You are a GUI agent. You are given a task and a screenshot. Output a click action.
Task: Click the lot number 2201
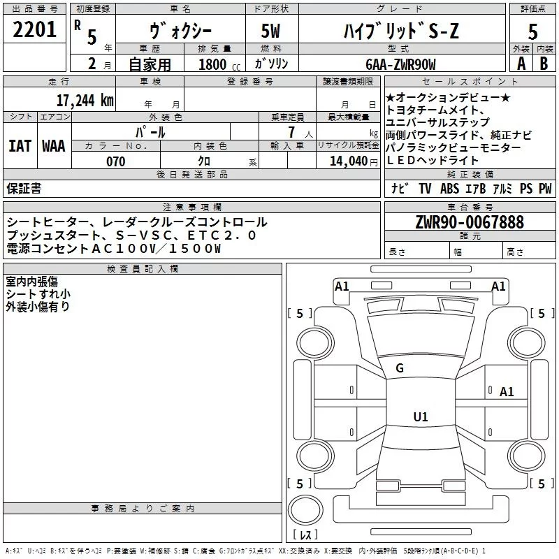(x=35, y=30)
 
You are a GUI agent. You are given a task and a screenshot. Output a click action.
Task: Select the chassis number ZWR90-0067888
(x=470, y=223)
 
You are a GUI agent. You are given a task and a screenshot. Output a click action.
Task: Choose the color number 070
(x=115, y=161)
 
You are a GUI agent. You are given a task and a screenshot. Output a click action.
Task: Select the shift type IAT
(x=20, y=146)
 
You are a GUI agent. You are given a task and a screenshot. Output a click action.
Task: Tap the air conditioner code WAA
(x=54, y=146)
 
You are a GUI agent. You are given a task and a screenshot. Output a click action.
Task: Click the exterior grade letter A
(x=521, y=64)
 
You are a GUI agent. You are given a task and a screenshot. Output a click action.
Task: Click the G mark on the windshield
(x=400, y=368)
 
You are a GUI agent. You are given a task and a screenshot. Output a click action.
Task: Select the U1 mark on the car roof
(x=420, y=416)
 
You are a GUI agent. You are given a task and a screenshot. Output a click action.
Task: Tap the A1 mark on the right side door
(x=507, y=392)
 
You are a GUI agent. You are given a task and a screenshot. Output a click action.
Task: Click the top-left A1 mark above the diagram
(x=342, y=286)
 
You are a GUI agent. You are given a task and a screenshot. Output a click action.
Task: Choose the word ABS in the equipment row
(x=449, y=189)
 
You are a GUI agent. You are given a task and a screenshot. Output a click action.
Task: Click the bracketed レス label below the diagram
(x=305, y=536)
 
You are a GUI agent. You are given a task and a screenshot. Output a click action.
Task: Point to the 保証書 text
(x=24, y=189)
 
